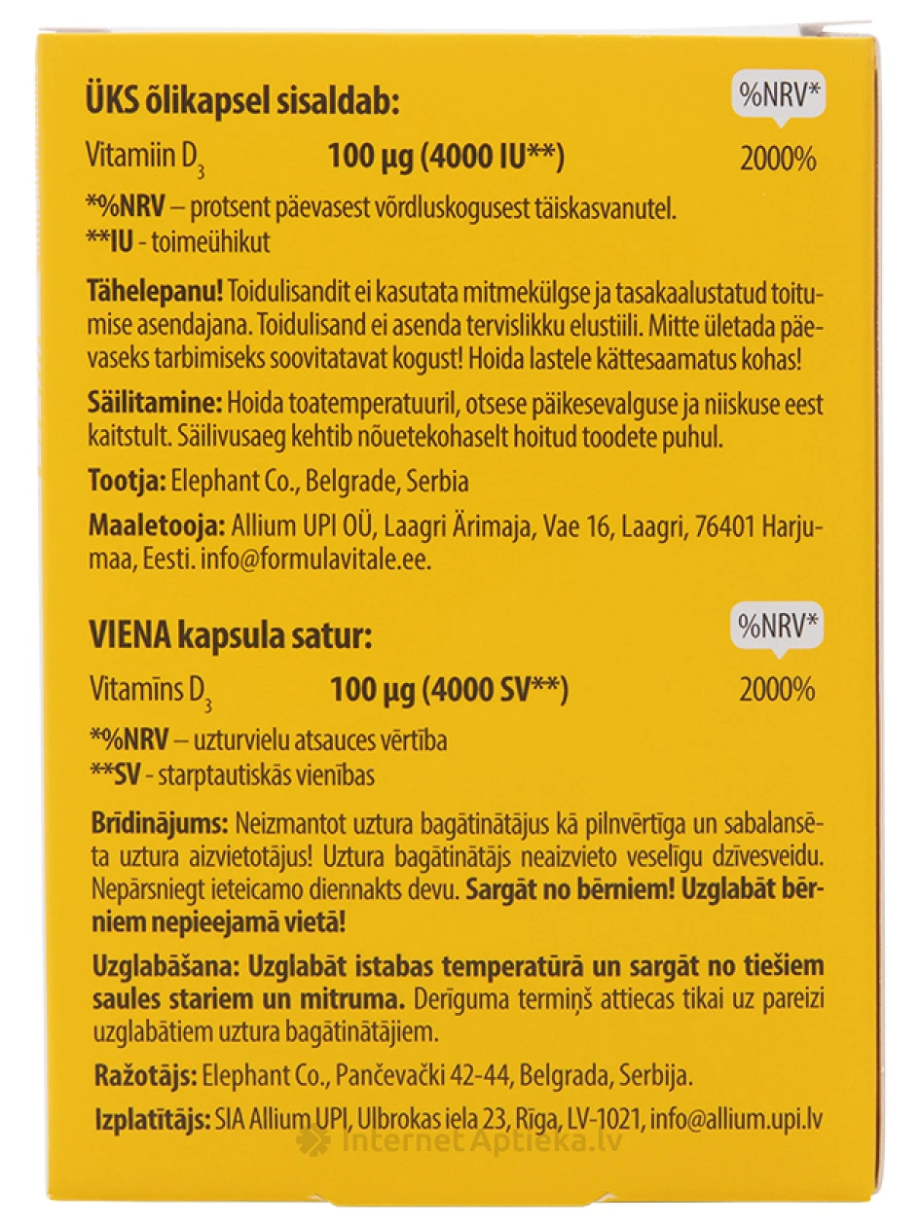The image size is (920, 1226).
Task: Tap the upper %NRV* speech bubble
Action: coord(776,96)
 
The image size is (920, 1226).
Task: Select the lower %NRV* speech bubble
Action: coord(776,628)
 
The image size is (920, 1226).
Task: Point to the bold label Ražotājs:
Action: coord(143,1076)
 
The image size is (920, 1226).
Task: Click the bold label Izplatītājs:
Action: coord(150,1119)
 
